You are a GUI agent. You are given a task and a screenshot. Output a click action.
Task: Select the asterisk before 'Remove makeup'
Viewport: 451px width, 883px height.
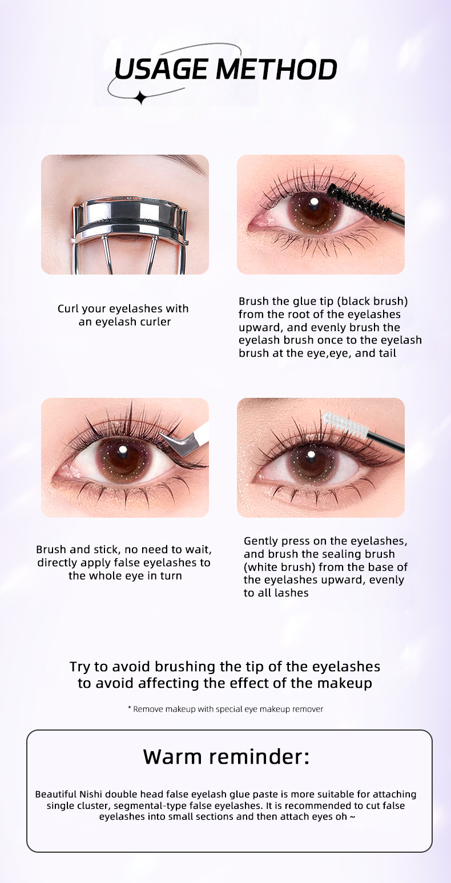130,708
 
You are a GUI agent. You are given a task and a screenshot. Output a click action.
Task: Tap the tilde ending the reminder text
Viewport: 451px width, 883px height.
352,816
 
